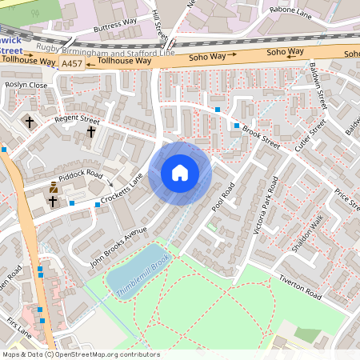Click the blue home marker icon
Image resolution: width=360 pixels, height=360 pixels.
coord(180,173)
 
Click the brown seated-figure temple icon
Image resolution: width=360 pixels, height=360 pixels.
coord(54,187)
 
